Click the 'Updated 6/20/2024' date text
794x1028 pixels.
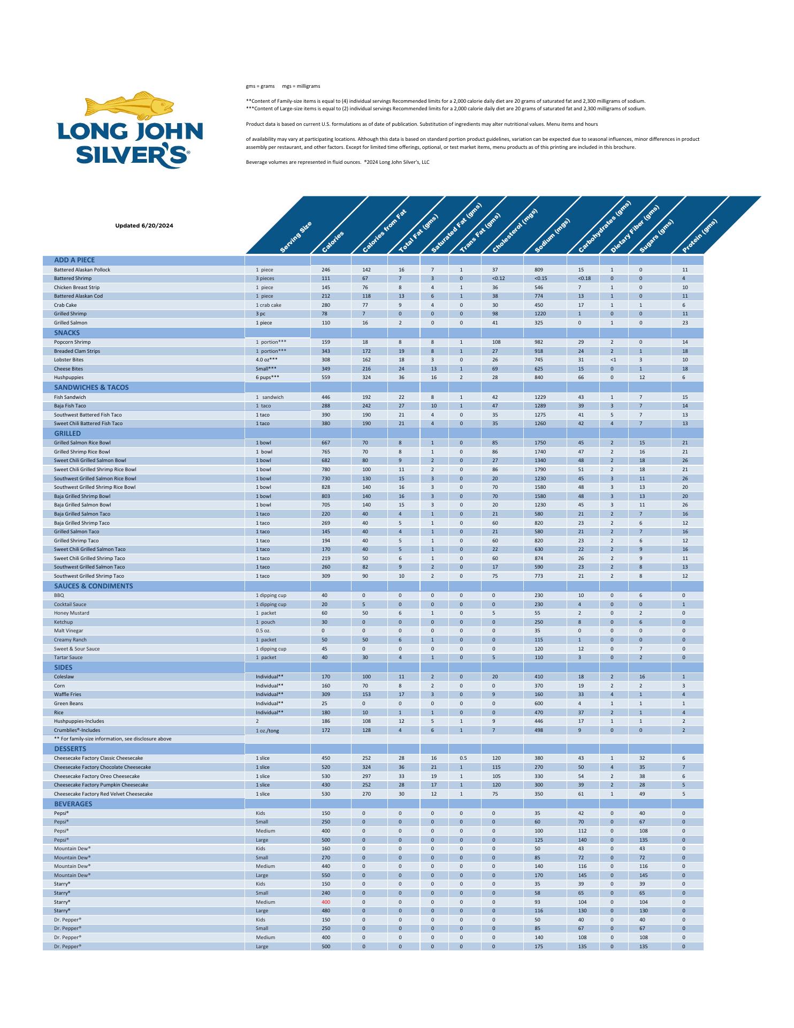click(x=144, y=225)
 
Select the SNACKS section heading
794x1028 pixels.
click(x=67, y=332)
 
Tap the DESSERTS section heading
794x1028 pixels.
click(x=70, y=749)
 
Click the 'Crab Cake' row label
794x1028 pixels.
click(x=65, y=305)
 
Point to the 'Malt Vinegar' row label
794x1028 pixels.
click(x=68, y=631)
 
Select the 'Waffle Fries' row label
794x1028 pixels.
click(x=67, y=694)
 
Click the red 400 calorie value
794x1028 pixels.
click(x=326, y=902)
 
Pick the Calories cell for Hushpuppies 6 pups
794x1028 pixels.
click(x=326, y=377)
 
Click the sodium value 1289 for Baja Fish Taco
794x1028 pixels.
click(x=539, y=406)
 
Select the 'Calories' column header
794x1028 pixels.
click(x=333, y=241)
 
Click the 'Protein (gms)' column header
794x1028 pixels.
click(x=699, y=236)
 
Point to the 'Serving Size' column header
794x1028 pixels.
click(x=296, y=237)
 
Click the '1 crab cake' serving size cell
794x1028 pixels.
click(x=269, y=305)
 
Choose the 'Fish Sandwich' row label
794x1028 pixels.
click(x=70, y=397)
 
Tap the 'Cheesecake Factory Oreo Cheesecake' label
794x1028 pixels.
click(x=97, y=776)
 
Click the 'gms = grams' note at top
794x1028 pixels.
click(x=260, y=86)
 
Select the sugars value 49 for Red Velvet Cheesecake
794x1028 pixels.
click(x=642, y=794)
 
